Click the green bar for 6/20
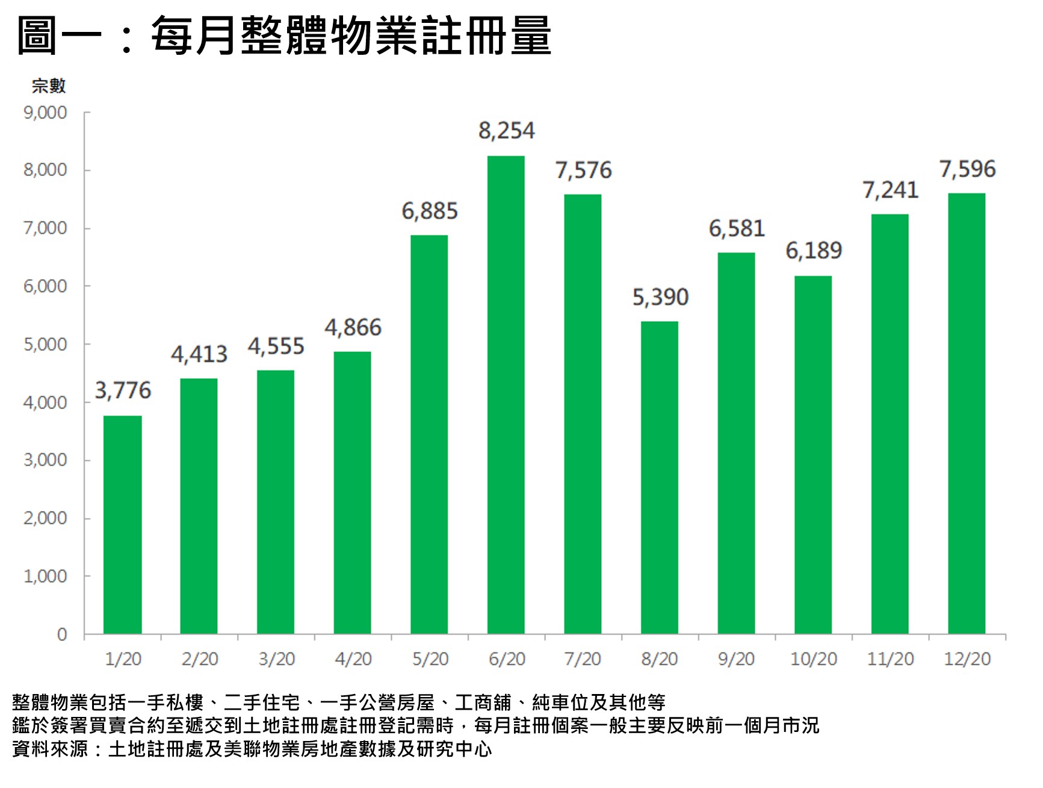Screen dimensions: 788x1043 (x=506, y=395)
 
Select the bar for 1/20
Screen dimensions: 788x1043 (x=122, y=524)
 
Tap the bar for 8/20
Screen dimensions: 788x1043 (x=659, y=477)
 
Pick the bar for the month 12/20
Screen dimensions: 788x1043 (x=967, y=413)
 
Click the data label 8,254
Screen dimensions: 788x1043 (x=506, y=131)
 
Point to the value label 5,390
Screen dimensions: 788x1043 (x=660, y=297)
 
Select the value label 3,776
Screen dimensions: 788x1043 (x=123, y=390)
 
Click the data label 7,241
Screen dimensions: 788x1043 (x=890, y=190)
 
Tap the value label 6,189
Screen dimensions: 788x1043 (x=814, y=251)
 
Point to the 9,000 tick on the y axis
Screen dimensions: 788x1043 (x=45, y=113)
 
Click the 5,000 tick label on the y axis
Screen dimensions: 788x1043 (x=45, y=345)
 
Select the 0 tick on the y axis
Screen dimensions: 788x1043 (x=62, y=634)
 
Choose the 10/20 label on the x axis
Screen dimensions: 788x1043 (x=813, y=659)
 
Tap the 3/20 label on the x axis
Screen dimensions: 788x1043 (x=276, y=659)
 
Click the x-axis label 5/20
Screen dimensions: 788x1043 (x=430, y=659)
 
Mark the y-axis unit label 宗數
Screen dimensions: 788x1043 (x=48, y=86)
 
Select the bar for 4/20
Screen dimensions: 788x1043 (x=352, y=492)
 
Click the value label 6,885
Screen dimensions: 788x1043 (x=430, y=211)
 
